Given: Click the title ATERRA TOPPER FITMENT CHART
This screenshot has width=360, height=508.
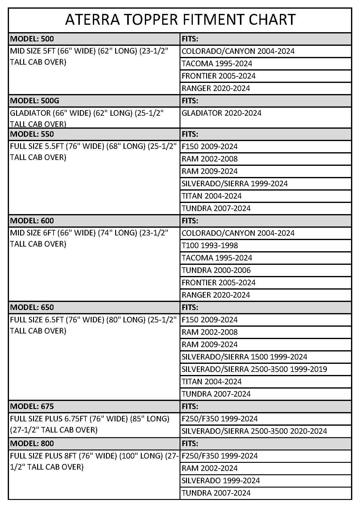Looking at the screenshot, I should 180,20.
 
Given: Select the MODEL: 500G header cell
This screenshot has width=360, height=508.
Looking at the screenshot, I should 35,101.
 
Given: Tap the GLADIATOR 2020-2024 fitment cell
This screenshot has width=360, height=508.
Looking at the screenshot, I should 221,113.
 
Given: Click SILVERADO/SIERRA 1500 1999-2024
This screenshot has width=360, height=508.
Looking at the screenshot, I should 244,357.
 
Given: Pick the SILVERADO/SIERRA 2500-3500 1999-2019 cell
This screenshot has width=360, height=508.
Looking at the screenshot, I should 254,369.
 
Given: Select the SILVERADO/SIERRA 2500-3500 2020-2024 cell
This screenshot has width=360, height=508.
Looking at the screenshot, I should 254,431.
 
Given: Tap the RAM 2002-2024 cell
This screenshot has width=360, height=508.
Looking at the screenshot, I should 210,468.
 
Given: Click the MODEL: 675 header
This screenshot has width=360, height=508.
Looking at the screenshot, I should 32,407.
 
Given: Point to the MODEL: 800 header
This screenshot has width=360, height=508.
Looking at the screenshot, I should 32,444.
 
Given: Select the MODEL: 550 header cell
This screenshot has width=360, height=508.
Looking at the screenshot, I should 32,134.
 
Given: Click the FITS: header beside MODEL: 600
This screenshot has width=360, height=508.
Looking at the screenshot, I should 190,221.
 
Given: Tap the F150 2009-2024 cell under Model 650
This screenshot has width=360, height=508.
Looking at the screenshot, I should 210,320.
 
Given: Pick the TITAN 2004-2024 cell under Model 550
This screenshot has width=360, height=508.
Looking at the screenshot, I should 211,196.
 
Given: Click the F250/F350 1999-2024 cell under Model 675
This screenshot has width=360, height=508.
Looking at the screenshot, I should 219,419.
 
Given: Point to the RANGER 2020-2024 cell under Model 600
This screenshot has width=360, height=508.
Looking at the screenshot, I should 216,295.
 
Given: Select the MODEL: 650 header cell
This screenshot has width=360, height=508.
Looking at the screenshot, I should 32,308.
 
